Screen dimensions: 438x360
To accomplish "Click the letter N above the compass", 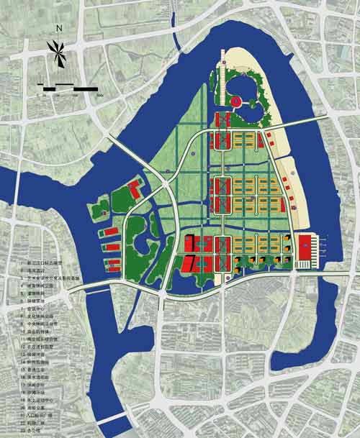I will coord(61,29).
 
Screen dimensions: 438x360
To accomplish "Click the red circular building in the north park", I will coord(235,103).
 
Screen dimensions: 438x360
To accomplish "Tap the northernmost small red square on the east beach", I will coord(268,134).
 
